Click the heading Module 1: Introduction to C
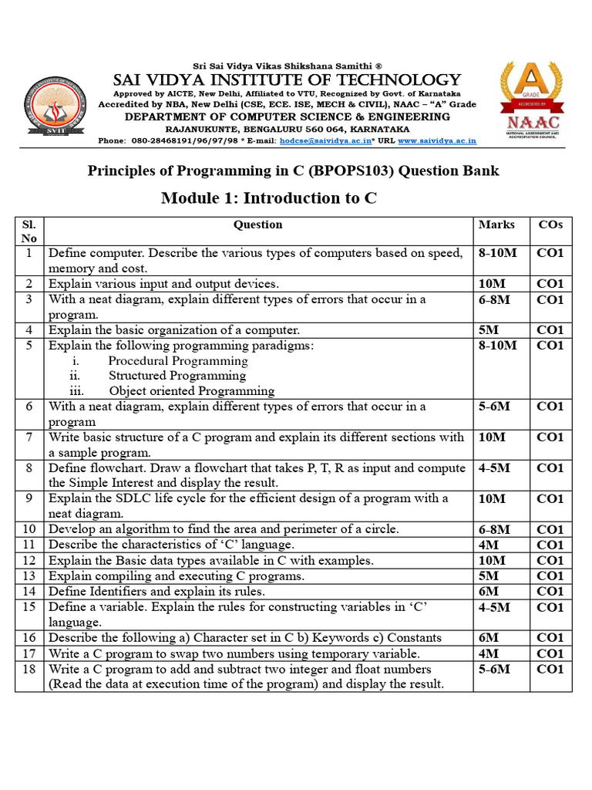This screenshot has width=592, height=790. point(268,198)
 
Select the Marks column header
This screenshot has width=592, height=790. point(497,225)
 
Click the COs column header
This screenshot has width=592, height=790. point(550,225)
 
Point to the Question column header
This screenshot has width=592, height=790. point(258,225)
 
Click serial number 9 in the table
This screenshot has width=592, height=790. point(29,498)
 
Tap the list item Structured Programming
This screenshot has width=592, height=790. point(177,376)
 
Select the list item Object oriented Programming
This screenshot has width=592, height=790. point(191,391)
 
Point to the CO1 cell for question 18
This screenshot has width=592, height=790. point(550,669)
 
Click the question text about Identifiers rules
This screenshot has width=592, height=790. point(156,592)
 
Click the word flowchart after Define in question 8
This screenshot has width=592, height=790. point(114,468)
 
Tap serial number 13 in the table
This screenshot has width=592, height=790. point(29,576)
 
